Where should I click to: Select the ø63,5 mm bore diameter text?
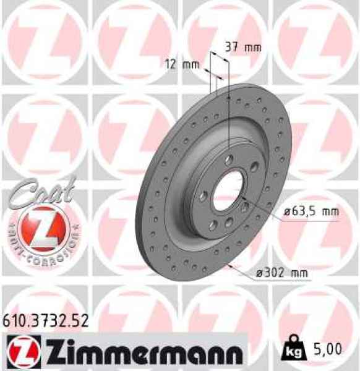click(311, 212)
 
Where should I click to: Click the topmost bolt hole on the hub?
click(230, 160)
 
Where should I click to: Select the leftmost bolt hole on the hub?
click(203, 196)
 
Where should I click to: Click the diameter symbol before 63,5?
click(288, 212)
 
